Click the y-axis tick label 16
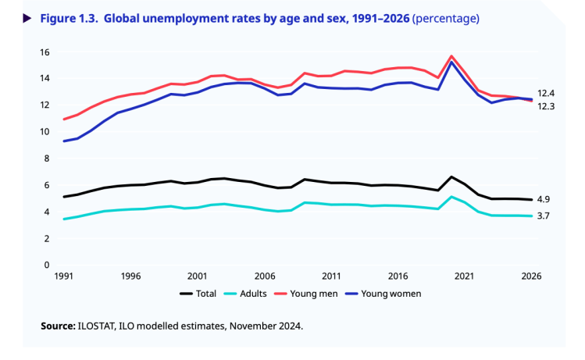(45, 52)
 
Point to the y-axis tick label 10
(45, 132)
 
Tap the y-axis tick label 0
(47, 265)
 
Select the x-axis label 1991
(64, 276)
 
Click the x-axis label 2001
(197, 276)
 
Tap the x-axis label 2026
(531, 276)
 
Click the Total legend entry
(202, 294)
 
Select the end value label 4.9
(544, 199)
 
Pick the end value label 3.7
(544, 216)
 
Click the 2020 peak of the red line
(451, 56)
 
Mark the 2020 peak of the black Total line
(451, 176)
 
